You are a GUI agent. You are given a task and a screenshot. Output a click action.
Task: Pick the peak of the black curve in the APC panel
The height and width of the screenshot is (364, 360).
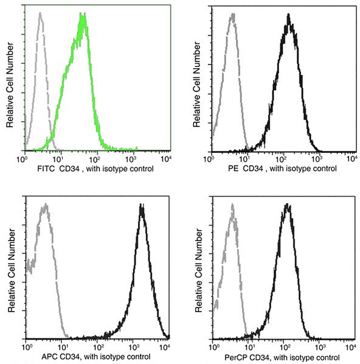142,206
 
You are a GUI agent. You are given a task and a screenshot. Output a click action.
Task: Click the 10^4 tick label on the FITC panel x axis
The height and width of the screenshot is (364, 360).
164,159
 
